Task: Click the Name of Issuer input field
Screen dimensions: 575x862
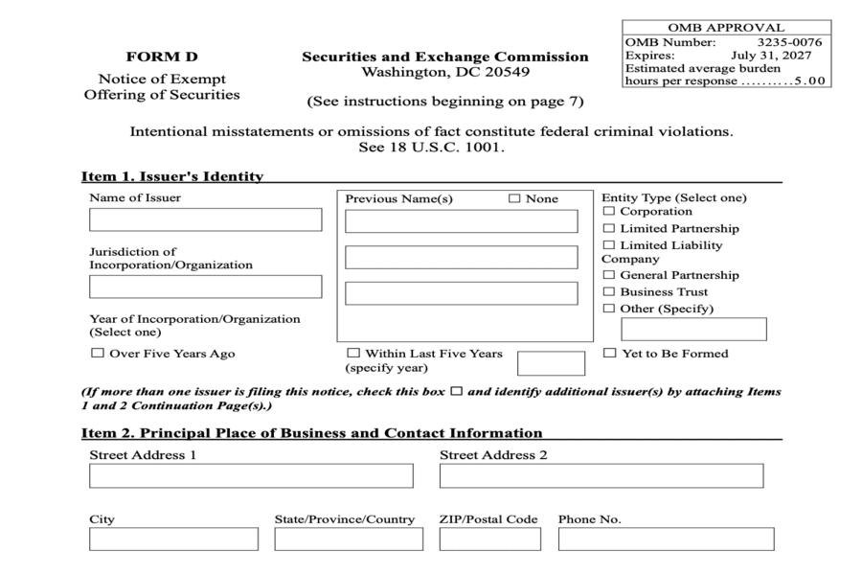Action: (205, 219)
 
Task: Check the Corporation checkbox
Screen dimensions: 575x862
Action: (609, 212)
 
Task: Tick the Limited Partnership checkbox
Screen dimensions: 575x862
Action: (609, 229)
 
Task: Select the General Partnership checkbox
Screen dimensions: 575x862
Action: (609, 276)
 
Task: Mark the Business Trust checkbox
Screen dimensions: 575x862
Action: (609, 292)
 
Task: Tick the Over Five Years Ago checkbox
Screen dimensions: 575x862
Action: (97, 354)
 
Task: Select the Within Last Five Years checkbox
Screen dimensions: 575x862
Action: (353, 354)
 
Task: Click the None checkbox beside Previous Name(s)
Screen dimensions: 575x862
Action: (514, 199)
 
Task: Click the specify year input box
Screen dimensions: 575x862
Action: (550, 363)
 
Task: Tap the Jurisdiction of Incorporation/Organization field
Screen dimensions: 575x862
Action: (205, 287)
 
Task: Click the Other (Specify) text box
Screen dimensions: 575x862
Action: (693, 330)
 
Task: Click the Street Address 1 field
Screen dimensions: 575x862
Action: (251, 476)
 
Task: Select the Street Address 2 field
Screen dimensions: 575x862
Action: (601, 476)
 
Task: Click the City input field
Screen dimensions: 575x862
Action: (173, 540)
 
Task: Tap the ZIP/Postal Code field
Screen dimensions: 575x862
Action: (488, 540)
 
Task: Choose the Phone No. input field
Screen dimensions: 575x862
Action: (666, 540)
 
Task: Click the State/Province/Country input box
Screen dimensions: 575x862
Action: (349, 540)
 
